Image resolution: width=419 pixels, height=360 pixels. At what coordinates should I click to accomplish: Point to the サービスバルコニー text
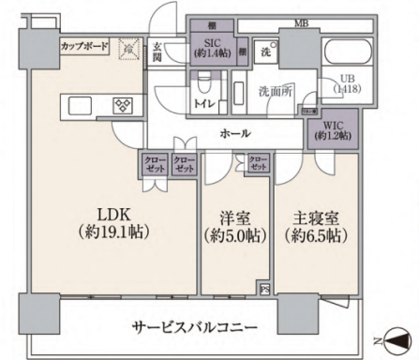pyautogui.click(x=194, y=327)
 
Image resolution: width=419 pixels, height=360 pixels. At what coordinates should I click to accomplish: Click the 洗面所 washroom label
pyautogui.click(x=274, y=92)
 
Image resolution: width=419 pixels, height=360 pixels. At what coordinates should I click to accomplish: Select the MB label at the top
pyautogui.click(x=302, y=23)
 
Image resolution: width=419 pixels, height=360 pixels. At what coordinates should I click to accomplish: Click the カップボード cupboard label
pyautogui.click(x=84, y=47)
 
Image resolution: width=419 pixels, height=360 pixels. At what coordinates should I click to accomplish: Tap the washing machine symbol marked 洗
pyautogui.click(x=265, y=52)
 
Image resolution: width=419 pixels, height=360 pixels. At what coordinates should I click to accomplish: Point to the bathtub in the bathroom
pyautogui.click(x=347, y=53)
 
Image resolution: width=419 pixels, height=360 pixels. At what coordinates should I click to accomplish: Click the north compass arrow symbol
pyautogui.click(x=397, y=338)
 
